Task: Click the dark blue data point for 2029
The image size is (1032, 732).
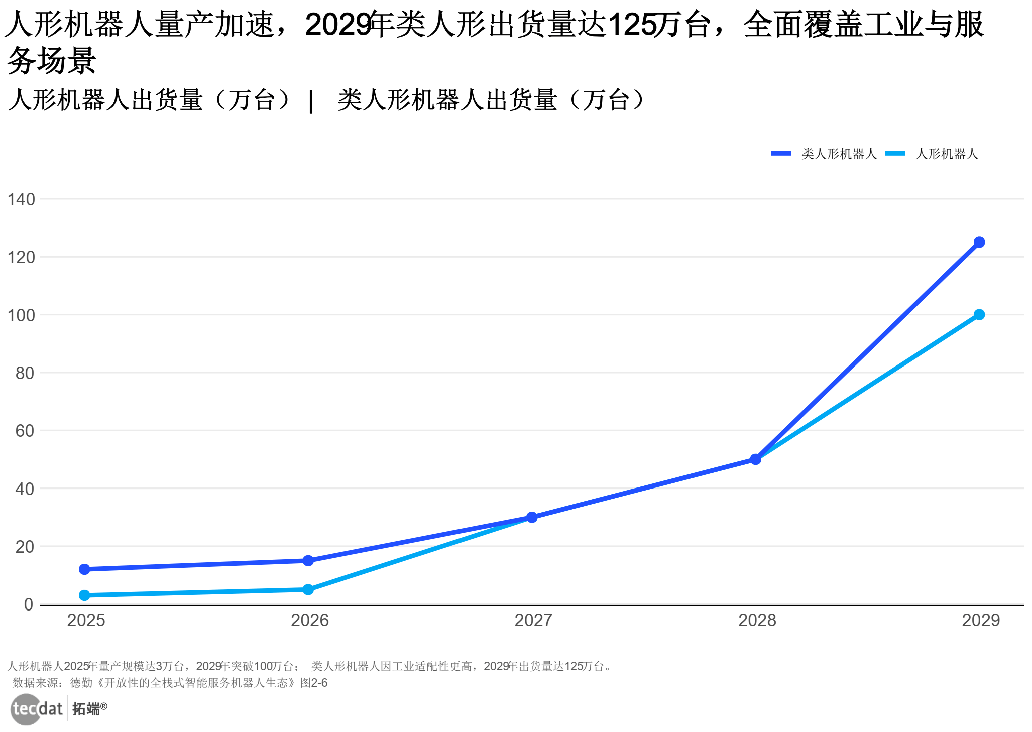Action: coord(979,242)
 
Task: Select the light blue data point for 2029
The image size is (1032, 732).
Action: coord(979,315)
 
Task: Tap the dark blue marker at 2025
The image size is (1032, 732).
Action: coord(84,569)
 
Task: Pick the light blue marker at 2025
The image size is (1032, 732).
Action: coord(84,595)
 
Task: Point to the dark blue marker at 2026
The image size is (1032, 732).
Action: coord(308,561)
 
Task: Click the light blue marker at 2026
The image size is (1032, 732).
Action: coord(308,589)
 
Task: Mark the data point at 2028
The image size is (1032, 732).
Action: coord(755,459)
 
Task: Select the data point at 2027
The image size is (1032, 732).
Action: coord(532,517)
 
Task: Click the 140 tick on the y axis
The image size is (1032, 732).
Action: coord(21,199)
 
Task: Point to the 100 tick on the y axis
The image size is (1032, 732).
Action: coord(21,315)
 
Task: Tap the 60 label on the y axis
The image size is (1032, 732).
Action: coord(25,431)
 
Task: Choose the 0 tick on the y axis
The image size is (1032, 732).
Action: coord(29,604)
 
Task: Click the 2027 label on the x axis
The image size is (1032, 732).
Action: coord(533,621)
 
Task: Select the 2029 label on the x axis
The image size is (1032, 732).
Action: coord(980,621)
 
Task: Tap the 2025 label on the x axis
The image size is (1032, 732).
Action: coord(86,621)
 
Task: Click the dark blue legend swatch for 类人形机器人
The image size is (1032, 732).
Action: coord(781,154)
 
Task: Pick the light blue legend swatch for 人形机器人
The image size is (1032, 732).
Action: coord(895,154)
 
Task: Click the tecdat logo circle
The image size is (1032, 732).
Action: coord(26,709)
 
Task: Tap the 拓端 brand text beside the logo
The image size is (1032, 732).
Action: coord(86,709)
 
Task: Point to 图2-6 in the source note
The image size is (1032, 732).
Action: coord(314,683)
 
